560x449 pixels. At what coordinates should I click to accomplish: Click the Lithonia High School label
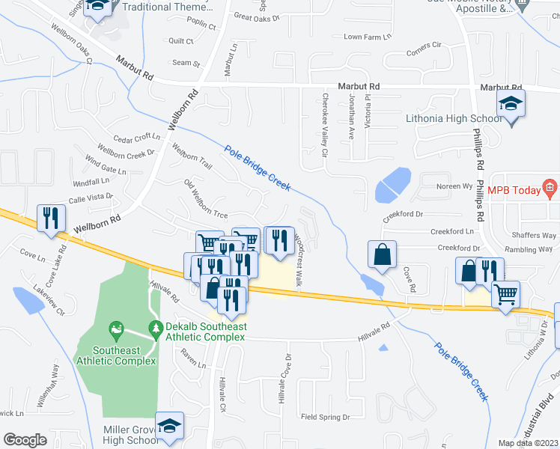pos(453,119)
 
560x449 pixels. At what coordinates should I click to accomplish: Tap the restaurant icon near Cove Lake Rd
pos(51,218)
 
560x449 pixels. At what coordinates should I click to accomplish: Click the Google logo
pos(25,440)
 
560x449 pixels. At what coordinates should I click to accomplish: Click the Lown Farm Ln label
pos(367,37)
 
